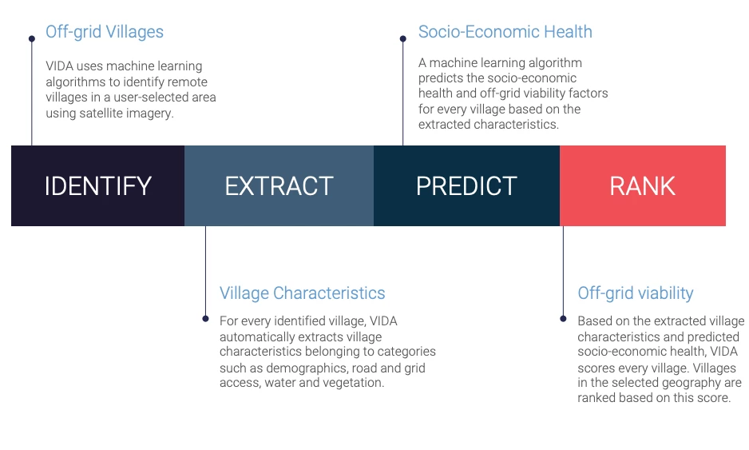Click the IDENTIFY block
coord(97,185)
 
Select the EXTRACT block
coord(279,185)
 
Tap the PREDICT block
coord(466,185)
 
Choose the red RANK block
coord(643,185)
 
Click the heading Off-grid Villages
coord(105,32)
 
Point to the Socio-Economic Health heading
coord(505,32)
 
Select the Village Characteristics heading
coord(303,293)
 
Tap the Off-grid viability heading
coord(636,293)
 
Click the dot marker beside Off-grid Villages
coord(32,38)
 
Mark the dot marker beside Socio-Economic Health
coord(403,38)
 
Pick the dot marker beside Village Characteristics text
coord(205,318)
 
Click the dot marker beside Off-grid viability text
coord(563,318)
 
